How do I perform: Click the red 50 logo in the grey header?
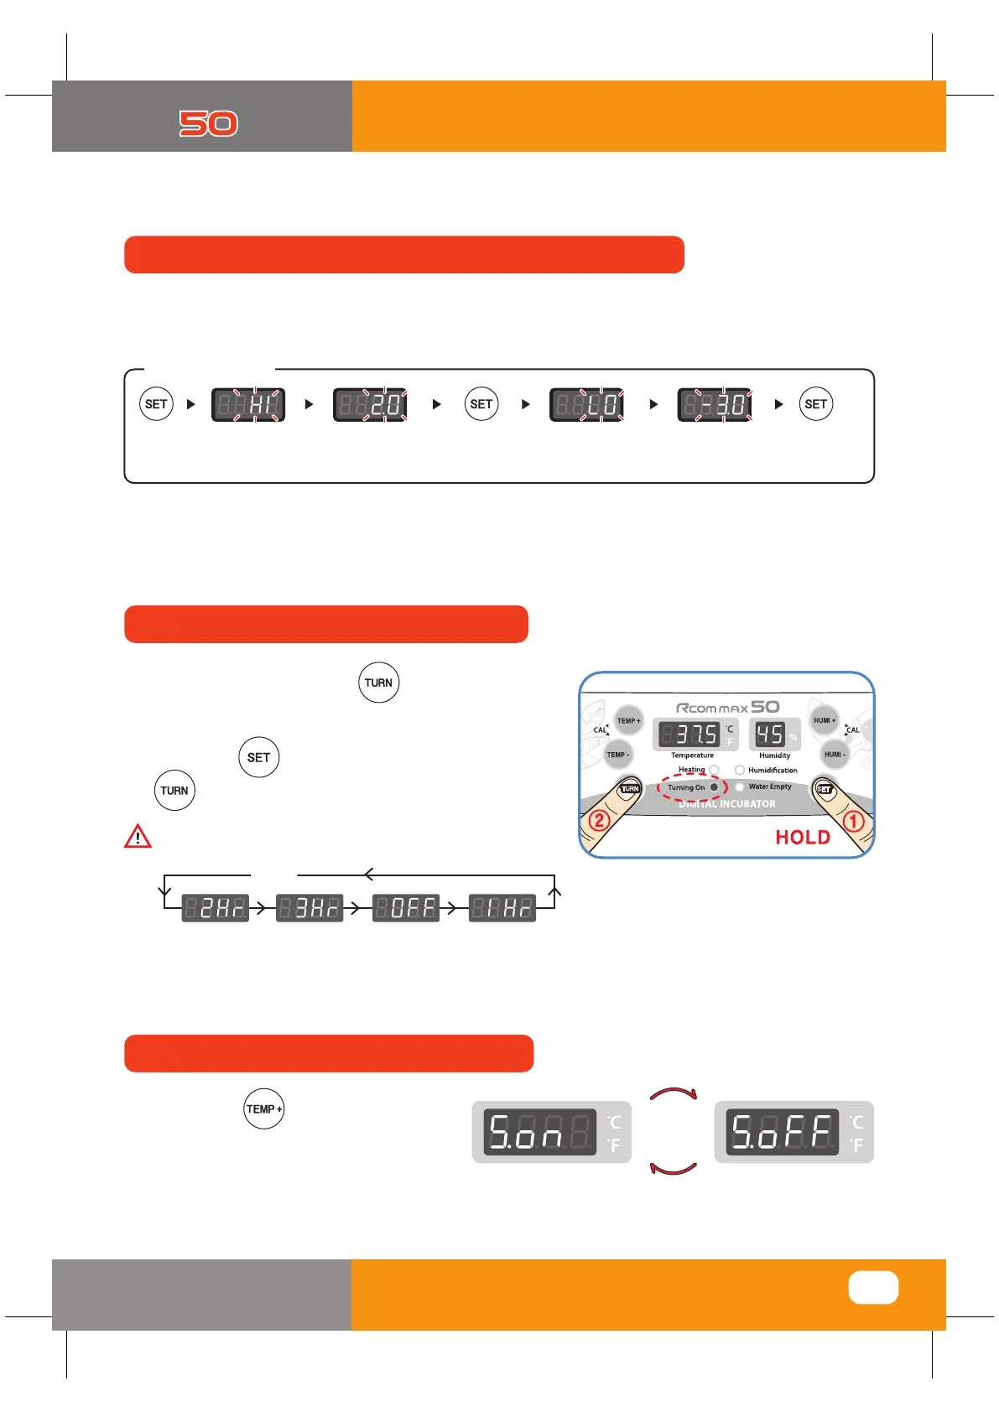(x=208, y=124)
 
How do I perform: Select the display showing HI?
(x=248, y=405)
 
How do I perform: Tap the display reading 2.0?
(x=370, y=405)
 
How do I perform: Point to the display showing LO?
(x=586, y=405)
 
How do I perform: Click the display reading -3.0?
(x=715, y=405)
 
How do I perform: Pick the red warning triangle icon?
(x=138, y=837)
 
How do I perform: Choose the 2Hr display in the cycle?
(x=216, y=907)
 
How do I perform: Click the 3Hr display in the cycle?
(x=310, y=907)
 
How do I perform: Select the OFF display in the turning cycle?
(x=406, y=907)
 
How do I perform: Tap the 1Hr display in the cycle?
(x=502, y=907)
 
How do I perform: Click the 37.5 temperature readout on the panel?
(x=689, y=735)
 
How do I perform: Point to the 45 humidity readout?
(x=769, y=735)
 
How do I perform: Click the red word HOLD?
(x=803, y=838)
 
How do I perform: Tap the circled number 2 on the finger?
(x=599, y=820)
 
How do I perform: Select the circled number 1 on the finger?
(x=853, y=821)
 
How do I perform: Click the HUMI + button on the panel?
(x=825, y=720)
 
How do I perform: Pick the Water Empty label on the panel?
(x=769, y=786)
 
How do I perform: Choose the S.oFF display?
(x=783, y=1132)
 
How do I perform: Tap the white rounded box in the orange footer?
(x=873, y=1288)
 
